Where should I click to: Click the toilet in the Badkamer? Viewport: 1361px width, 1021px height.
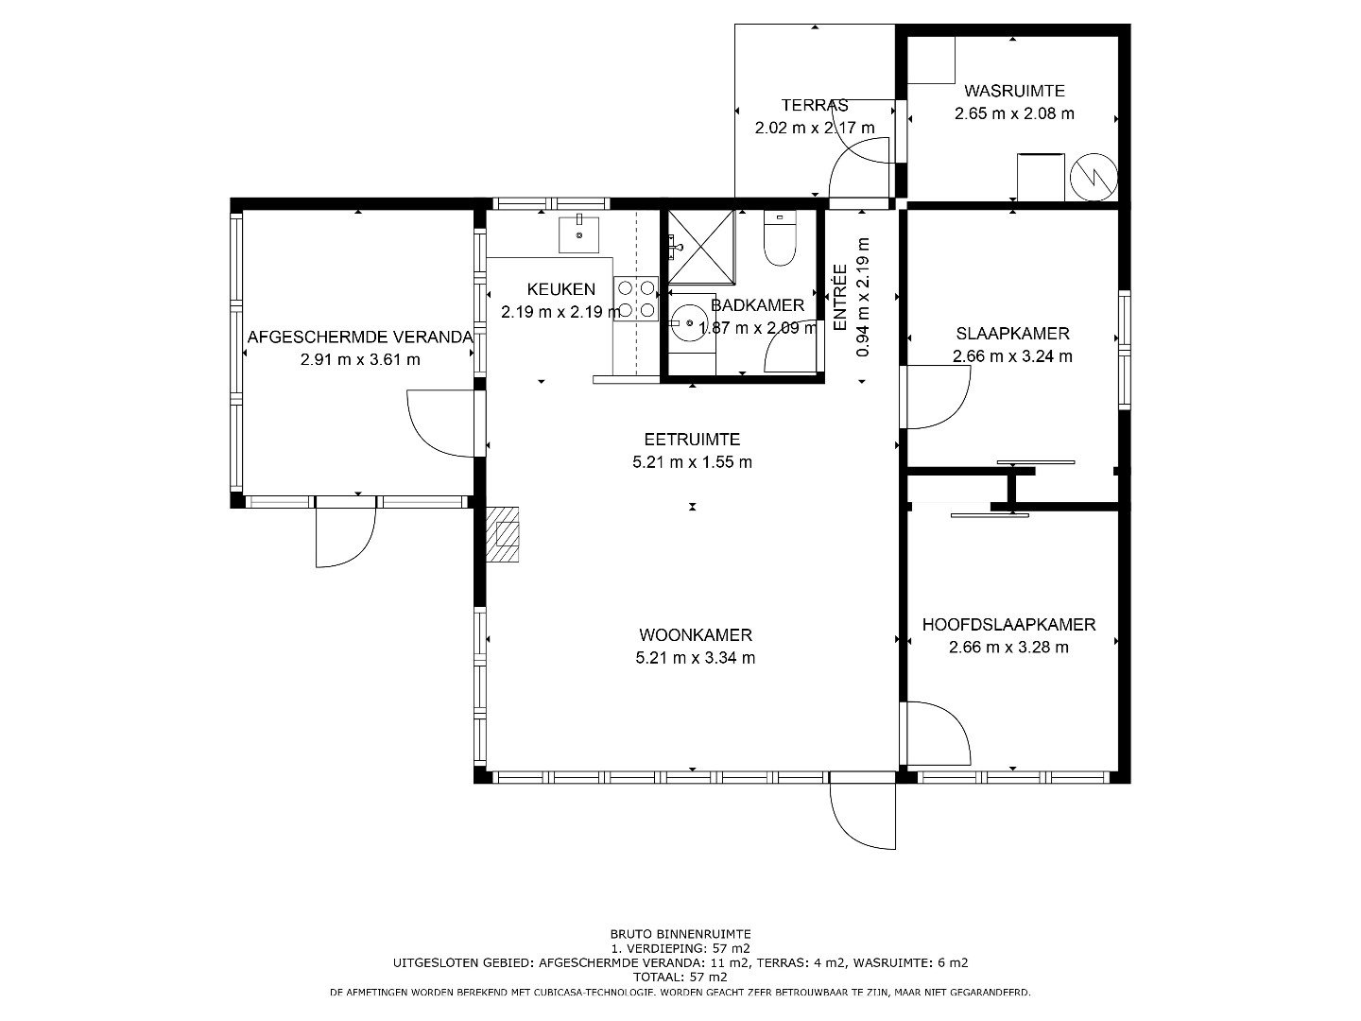(780, 238)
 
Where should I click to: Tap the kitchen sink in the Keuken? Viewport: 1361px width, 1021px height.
(578, 234)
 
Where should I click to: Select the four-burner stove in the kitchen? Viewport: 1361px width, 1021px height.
(636, 299)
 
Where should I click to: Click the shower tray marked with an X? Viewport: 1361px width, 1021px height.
(701, 246)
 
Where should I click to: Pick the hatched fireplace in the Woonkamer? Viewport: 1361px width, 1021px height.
(502, 534)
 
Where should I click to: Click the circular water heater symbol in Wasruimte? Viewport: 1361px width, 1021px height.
(1094, 177)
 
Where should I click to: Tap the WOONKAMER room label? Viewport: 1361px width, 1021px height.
(695, 634)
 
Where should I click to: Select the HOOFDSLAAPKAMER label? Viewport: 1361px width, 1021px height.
(1008, 624)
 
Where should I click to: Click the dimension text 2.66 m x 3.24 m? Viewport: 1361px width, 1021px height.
(1012, 356)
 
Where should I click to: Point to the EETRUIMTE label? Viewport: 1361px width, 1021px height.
(692, 440)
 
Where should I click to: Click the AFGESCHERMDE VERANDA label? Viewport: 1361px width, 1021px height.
(360, 337)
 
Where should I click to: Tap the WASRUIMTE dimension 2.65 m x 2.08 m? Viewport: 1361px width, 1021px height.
(1014, 113)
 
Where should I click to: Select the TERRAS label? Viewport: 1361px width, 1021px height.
(814, 105)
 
